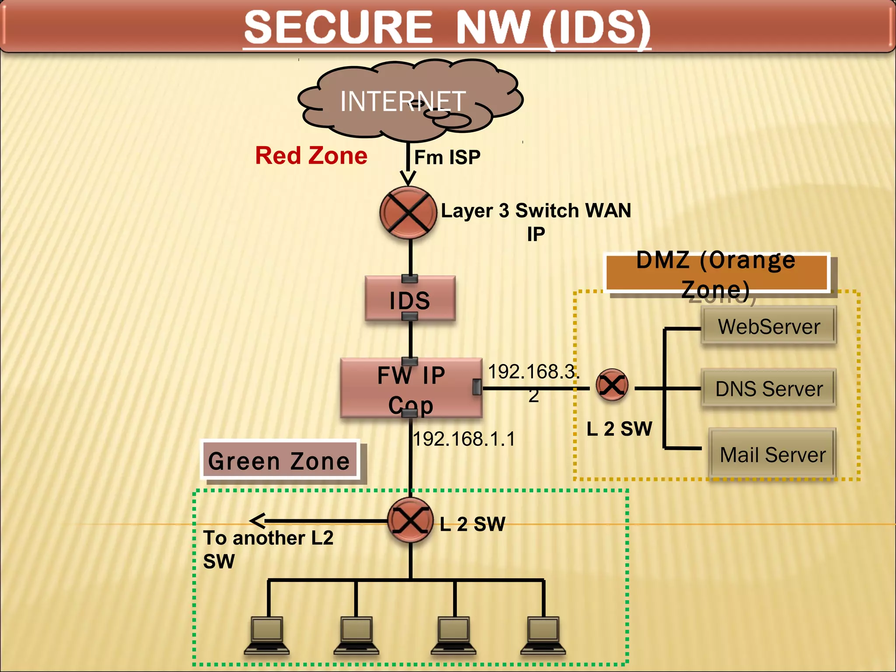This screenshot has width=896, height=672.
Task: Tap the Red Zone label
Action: click(311, 156)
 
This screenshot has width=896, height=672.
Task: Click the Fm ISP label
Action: click(447, 157)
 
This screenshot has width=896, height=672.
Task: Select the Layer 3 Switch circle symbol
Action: click(408, 213)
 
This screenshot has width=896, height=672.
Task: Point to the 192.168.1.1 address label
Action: click(464, 439)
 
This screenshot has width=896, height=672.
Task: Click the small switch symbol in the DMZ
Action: click(612, 385)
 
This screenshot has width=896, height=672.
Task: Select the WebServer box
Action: click(769, 326)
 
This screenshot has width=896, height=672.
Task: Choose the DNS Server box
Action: click(769, 388)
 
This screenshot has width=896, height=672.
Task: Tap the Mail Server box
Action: click(772, 454)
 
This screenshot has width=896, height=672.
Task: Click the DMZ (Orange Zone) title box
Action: click(716, 273)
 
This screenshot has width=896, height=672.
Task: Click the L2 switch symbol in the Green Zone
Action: click(410, 521)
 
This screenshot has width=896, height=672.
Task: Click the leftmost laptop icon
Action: click(267, 636)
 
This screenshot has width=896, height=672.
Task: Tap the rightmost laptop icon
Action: click(543, 636)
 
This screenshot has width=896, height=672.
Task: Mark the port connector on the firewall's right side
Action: click(477, 387)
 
